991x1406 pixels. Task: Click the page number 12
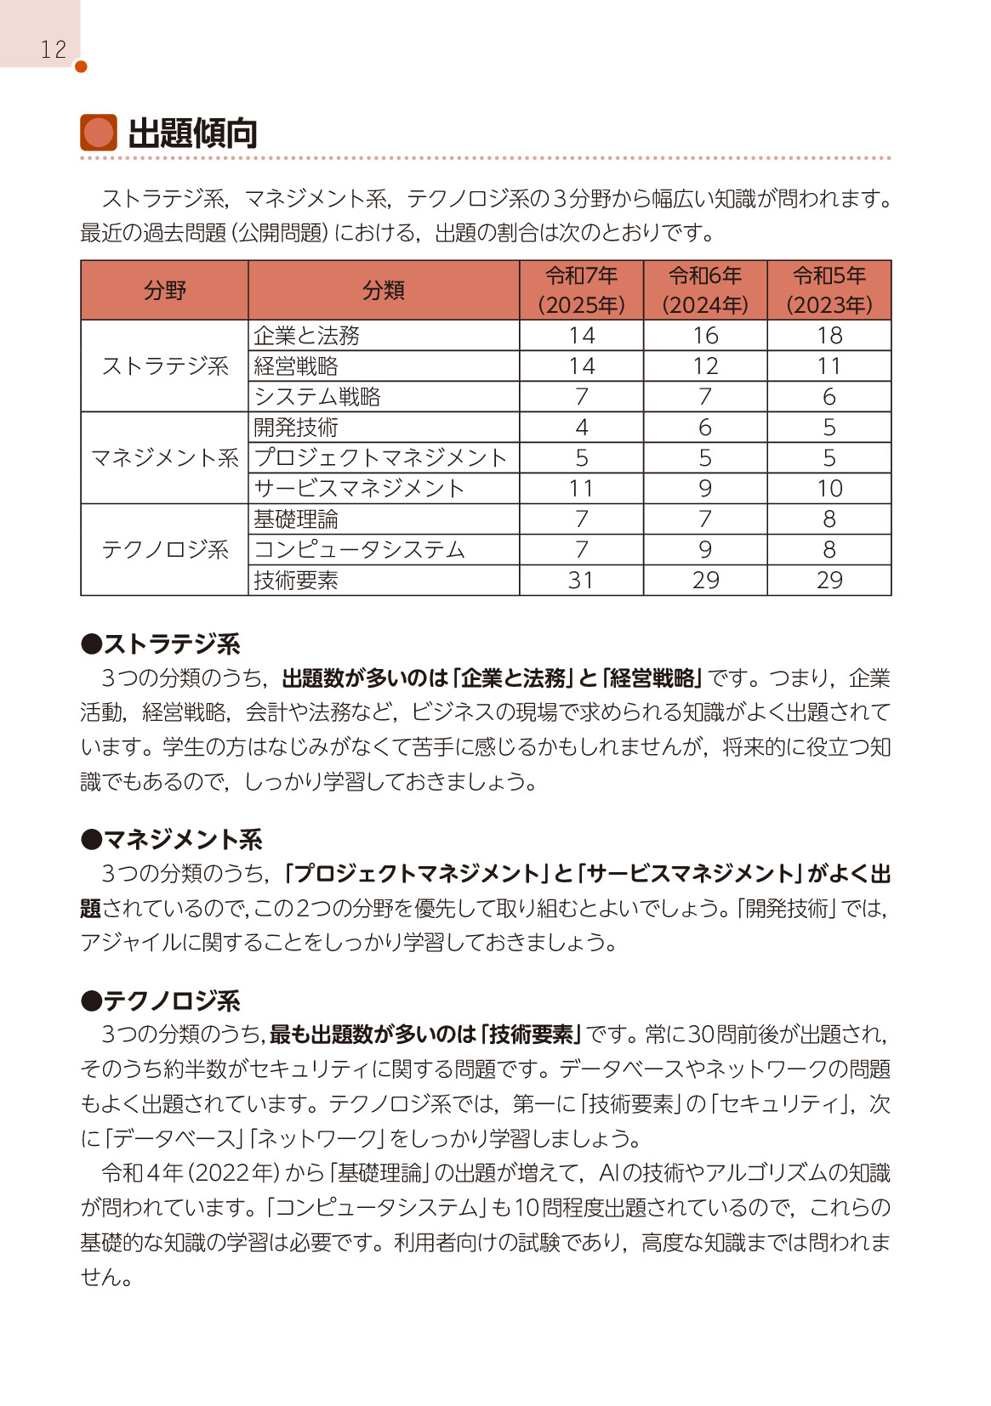pos(53,49)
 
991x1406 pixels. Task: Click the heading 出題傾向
pos(192,134)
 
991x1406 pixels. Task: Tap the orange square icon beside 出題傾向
pos(99,133)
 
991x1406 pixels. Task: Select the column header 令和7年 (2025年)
pos(582,290)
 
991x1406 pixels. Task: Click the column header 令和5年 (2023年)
pos(829,290)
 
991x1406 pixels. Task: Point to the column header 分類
pos(384,291)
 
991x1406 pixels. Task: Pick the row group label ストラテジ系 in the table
pos(165,366)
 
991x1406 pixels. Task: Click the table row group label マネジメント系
pos(165,458)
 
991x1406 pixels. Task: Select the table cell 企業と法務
pos(306,336)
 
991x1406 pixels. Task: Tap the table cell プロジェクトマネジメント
pos(380,458)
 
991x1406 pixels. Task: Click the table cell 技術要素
pos(296,581)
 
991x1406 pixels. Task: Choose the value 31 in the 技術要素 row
pos(582,581)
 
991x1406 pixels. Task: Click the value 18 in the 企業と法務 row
pos(829,336)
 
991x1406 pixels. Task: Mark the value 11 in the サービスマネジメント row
pos(582,489)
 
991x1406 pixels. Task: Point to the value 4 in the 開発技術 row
pos(582,428)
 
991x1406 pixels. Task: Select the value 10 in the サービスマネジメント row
pos(829,489)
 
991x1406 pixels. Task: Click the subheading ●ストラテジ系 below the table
pos(161,644)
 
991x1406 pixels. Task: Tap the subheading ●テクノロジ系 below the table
pos(161,1001)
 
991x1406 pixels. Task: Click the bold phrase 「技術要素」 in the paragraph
pos(532,1035)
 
